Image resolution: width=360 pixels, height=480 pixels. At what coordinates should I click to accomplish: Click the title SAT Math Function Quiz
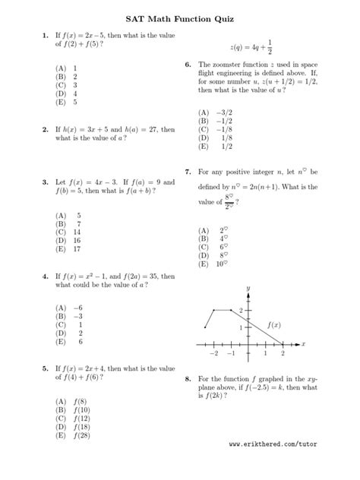tap(180, 18)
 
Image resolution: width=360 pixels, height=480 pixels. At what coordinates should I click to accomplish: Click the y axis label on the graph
tap(248, 288)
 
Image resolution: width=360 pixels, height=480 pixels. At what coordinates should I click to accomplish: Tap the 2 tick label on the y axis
tap(242, 311)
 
